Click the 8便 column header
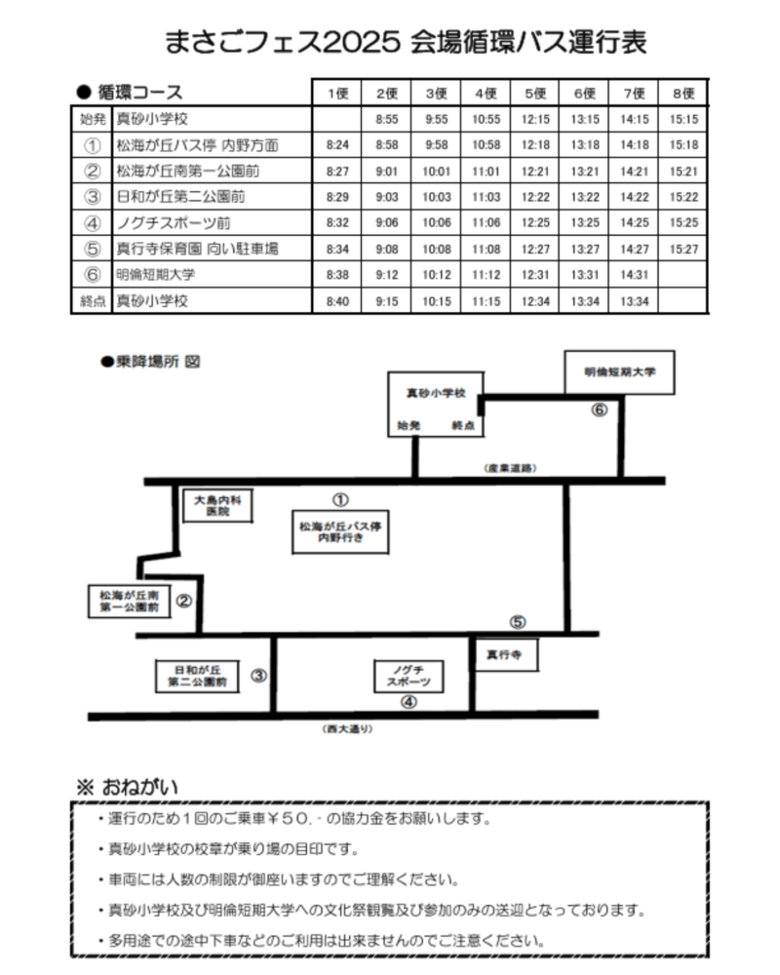pos(682,94)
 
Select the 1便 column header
pos(337,94)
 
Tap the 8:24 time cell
pos(337,145)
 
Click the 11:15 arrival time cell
pos(486,301)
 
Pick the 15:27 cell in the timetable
pos(683,249)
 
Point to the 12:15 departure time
pos(535,119)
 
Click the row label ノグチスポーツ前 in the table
pos(174,222)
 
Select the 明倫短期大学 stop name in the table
pos(155,274)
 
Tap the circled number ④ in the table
pos(92,222)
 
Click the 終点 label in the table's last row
pos(92,301)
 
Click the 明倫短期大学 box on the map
pos(619,371)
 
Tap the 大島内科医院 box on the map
pos(217,505)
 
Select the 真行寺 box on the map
pos(504,654)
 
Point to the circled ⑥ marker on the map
pos(599,409)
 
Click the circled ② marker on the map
pos(183,601)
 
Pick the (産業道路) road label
pos(510,468)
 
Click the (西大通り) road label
pos(348,728)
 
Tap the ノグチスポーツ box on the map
pos(409,676)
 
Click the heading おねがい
pos(140,787)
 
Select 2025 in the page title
pos(362,42)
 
